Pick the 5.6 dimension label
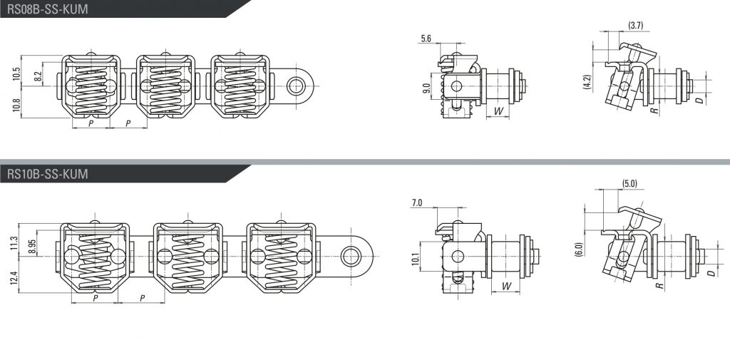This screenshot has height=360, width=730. pos(426,38)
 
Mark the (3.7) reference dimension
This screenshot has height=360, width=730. pos(636,26)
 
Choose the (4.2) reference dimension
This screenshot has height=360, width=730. pos(587,83)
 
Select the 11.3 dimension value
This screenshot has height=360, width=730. pos(14,242)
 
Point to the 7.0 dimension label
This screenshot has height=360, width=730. pos(416,203)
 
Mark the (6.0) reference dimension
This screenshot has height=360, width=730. pos(579,250)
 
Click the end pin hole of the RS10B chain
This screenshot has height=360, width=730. pos(350,256)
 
